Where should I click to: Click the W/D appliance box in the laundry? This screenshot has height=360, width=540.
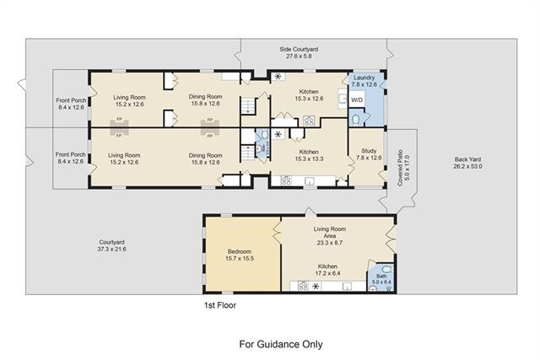click(356, 99)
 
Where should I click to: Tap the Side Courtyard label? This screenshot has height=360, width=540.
click(299, 52)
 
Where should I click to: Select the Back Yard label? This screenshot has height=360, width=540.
click(467, 163)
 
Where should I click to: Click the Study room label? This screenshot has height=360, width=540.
click(369, 154)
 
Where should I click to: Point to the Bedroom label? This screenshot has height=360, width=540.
click(240, 255)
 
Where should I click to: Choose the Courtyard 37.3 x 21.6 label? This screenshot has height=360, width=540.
click(111, 245)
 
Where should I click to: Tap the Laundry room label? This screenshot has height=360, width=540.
click(364, 81)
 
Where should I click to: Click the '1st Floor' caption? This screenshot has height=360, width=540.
click(220, 305)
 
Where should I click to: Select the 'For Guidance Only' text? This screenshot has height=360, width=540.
click(281, 344)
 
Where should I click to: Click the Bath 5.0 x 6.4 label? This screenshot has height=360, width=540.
click(381, 279)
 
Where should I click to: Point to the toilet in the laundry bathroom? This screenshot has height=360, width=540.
click(355, 120)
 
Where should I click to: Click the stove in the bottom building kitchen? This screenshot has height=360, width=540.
click(303, 287)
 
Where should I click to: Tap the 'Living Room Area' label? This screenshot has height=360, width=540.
click(330, 236)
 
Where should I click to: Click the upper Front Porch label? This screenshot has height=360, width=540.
click(71, 104)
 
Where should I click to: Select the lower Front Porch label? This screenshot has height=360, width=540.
click(70, 158)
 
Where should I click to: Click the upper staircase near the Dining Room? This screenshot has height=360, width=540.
click(248, 105)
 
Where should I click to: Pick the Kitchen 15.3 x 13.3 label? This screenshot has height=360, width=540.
click(309, 155)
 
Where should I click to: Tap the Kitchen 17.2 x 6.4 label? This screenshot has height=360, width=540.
click(327, 270)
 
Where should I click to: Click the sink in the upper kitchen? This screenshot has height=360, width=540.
click(343, 99)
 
